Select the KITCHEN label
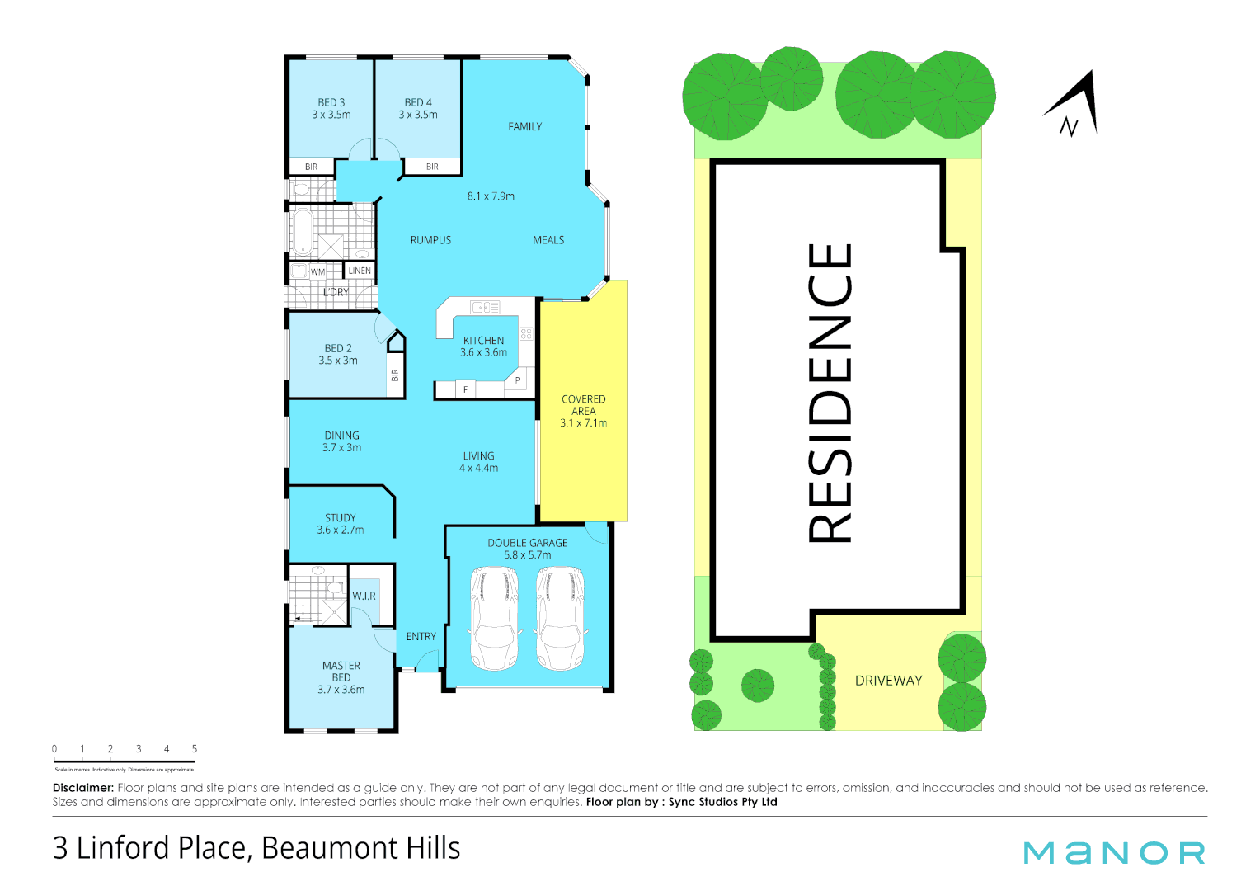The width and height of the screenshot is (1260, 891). (483, 341)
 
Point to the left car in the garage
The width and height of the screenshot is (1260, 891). (493, 618)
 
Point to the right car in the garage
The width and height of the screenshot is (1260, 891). (560, 618)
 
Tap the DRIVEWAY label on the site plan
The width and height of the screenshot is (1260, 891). (888, 681)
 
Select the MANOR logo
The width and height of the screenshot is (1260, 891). (1114, 853)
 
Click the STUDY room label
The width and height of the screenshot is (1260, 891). (340, 518)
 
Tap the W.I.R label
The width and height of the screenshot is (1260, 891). (364, 596)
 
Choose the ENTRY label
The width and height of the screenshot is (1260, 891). (421, 637)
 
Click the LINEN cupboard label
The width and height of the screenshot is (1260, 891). (360, 271)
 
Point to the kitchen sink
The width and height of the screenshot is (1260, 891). (485, 307)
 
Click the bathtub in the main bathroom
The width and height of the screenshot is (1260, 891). (303, 230)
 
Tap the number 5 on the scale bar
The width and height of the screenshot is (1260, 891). (195, 749)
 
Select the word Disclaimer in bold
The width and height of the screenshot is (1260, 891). (82, 788)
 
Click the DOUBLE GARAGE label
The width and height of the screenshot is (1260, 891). (527, 543)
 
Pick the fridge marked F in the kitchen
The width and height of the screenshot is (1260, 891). (465, 389)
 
